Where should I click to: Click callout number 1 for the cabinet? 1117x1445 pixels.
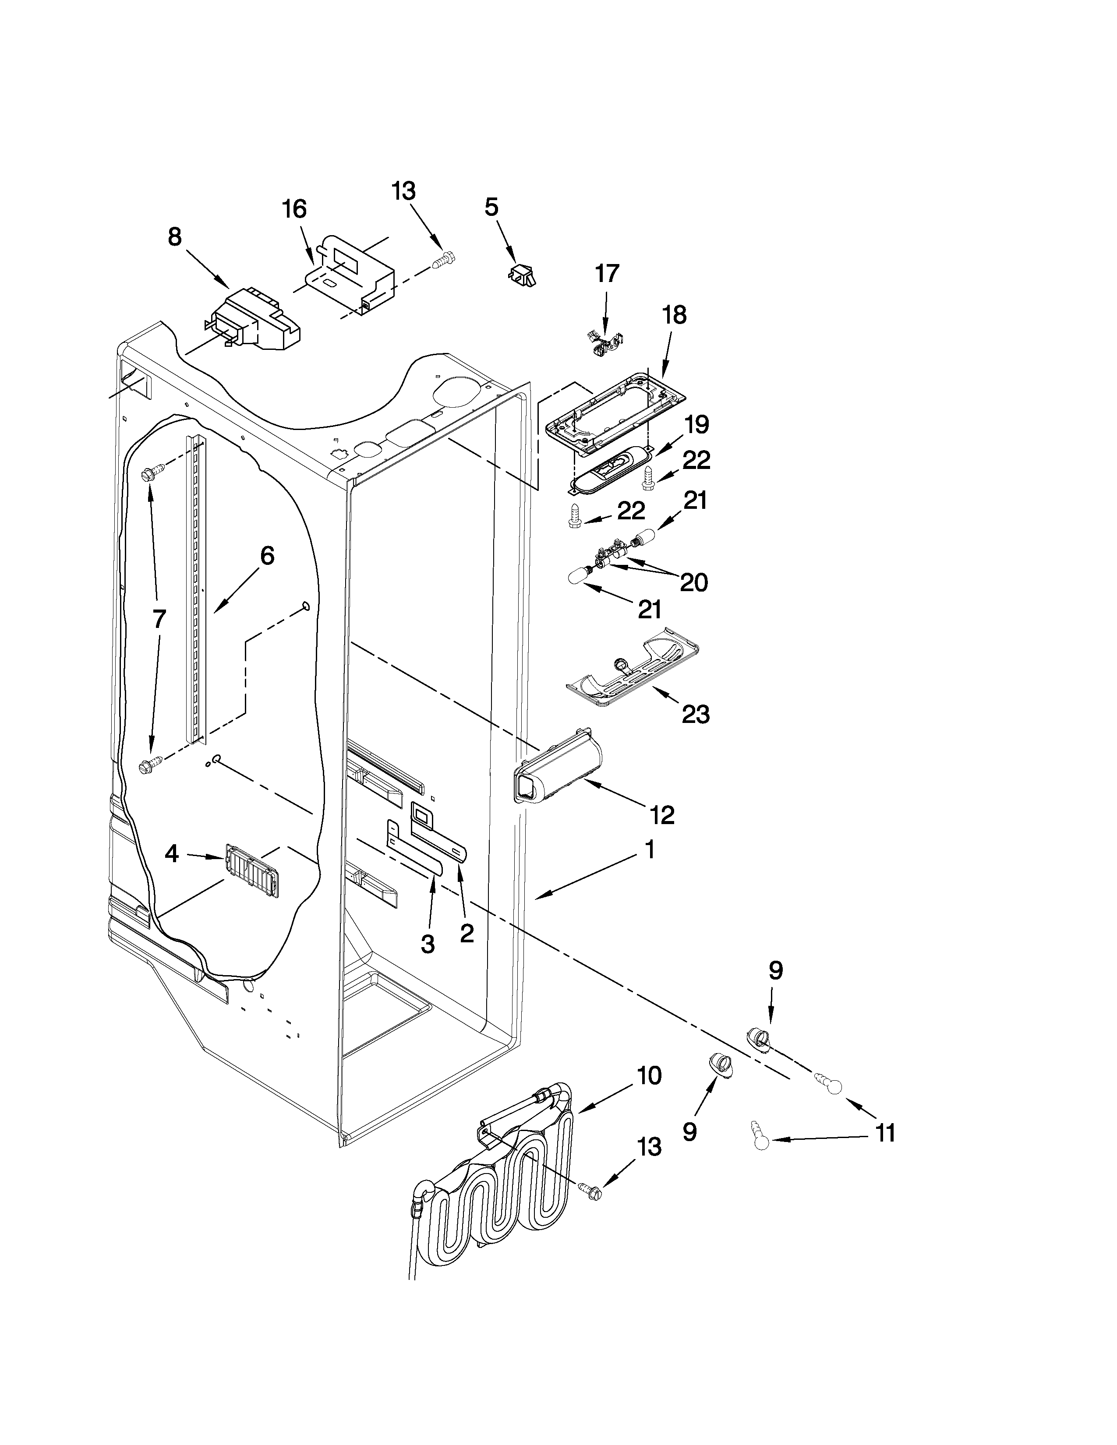[650, 850]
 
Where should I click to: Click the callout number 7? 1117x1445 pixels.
[159, 619]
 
